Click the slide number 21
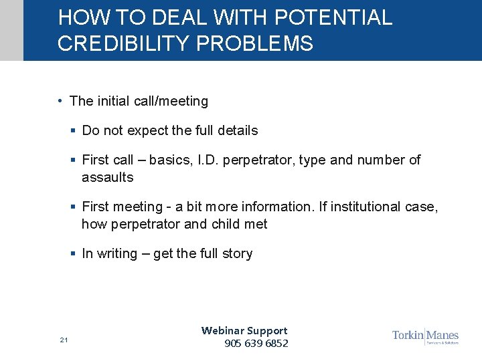tap(64, 340)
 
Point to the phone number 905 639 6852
tap(256, 344)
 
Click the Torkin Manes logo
tap(425, 336)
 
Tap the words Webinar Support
tap(244, 330)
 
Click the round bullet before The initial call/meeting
tap(60, 101)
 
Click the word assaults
tap(107, 177)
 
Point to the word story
tap(238, 253)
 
